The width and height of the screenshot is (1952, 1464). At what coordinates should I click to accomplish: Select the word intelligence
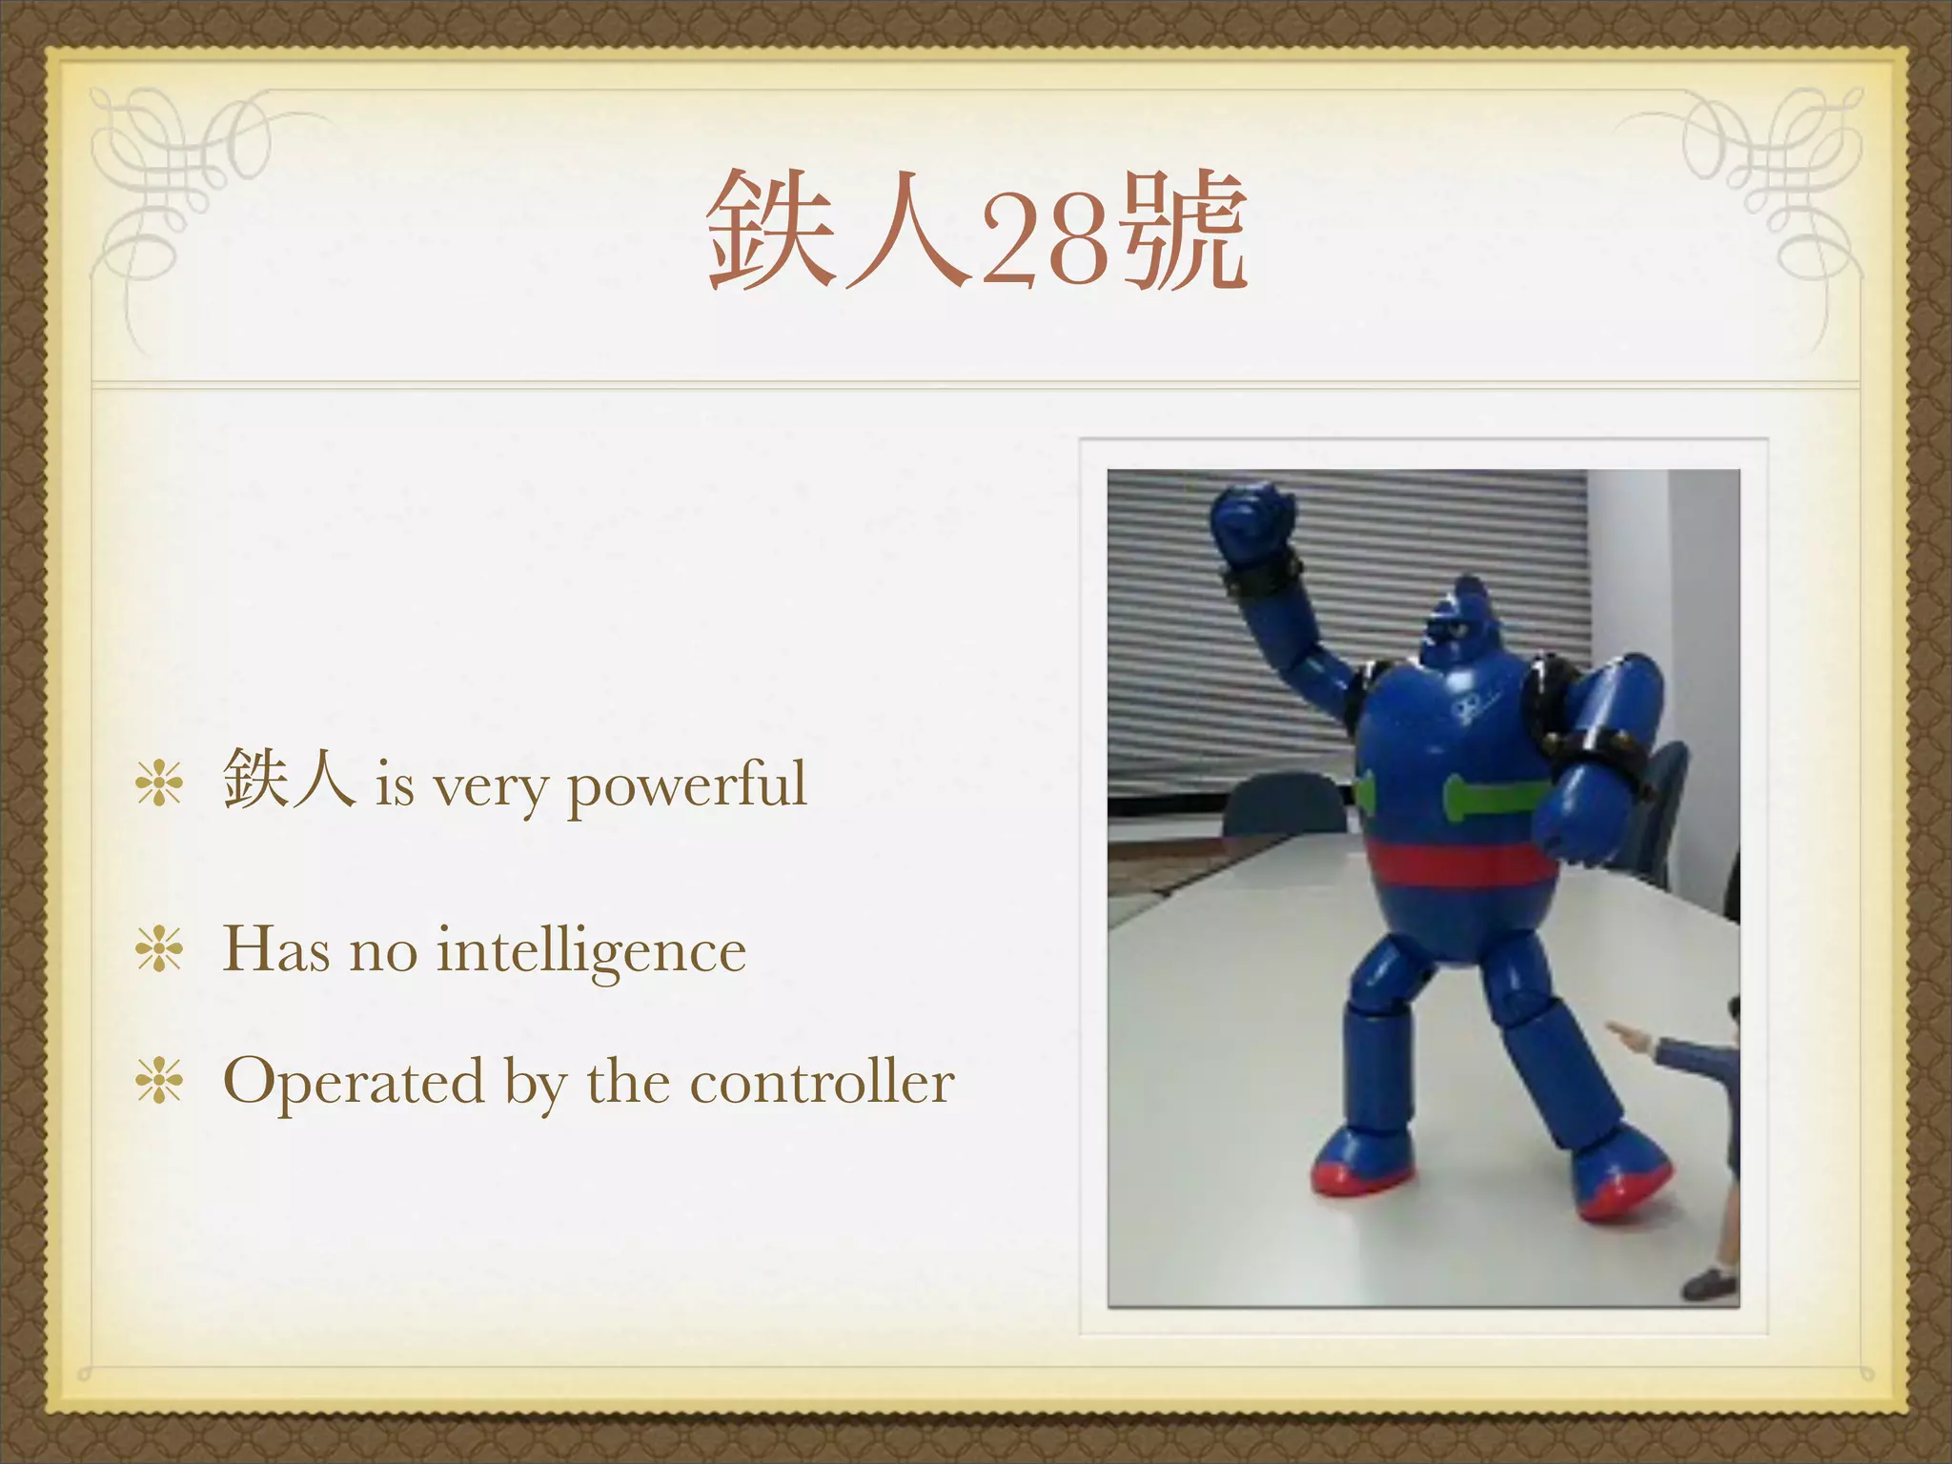click(x=591, y=951)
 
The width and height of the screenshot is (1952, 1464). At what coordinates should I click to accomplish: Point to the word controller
click(x=822, y=1083)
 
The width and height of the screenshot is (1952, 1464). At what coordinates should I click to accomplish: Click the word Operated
click(x=354, y=1083)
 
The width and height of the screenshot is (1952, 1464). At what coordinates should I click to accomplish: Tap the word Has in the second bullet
click(x=275, y=949)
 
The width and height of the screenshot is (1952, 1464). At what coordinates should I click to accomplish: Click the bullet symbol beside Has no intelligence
click(x=159, y=950)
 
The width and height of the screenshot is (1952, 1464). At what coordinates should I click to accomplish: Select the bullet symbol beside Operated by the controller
click(x=159, y=1083)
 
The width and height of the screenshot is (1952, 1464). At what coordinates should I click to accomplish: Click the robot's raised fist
click(x=1252, y=527)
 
